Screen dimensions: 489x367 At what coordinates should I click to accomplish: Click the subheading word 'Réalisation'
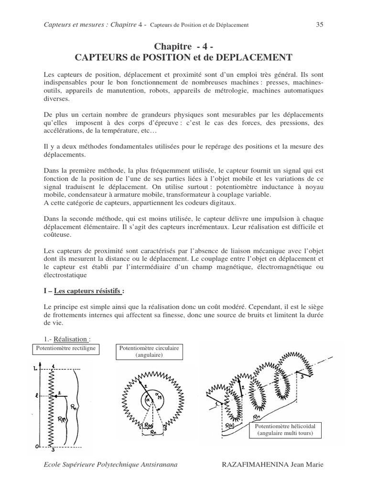[x=71, y=339]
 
